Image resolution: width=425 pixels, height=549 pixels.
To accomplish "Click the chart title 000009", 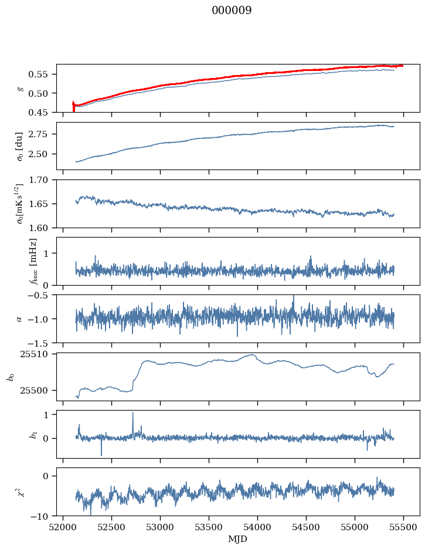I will (x=232, y=11).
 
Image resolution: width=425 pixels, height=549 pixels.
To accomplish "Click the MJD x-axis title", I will (x=238, y=538).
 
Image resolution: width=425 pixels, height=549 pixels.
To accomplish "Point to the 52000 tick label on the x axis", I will (x=64, y=527).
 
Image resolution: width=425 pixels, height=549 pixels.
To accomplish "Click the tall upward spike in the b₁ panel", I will (x=132, y=413).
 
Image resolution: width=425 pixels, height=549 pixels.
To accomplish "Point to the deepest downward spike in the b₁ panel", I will (x=101, y=455).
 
